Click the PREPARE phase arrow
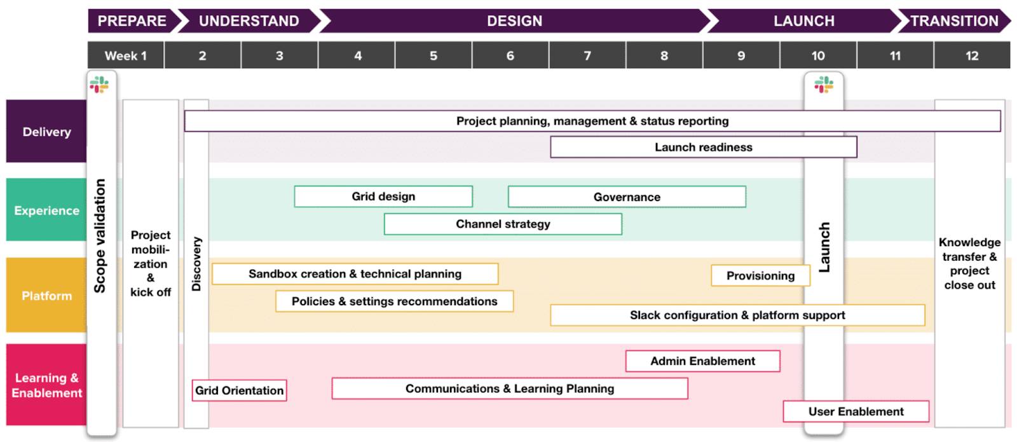[132, 21]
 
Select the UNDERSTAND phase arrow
[249, 21]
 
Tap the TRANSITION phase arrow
[953, 21]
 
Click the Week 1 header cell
[126, 55]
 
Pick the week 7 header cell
[587, 55]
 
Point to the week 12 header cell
[972, 55]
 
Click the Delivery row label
[46, 132]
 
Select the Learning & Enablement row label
[46, 385]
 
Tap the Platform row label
[46, 296]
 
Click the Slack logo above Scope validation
[99, 84]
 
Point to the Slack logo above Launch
[824, 84]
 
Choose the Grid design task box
[383, 197]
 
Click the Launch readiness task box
[703, 147]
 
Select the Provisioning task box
[760, 275]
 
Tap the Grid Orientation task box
[239, 390]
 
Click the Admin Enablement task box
[702, 361]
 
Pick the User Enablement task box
[856, 411]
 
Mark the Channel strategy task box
[503, 224]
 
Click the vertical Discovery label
[196, 264]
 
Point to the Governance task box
[627, 197]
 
